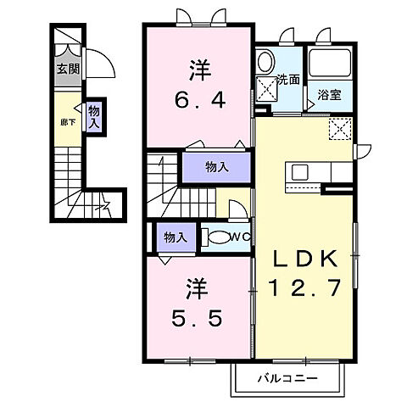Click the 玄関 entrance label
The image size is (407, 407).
pos(68,70)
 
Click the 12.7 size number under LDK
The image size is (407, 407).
pos(306,287)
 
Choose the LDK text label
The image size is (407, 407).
pos(306,258)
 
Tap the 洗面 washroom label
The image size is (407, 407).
pos(289,81)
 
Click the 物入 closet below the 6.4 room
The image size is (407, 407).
pos(217,167)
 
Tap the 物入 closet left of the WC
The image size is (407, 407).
pos(176,237)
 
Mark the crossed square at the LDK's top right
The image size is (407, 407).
pos(342,129)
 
